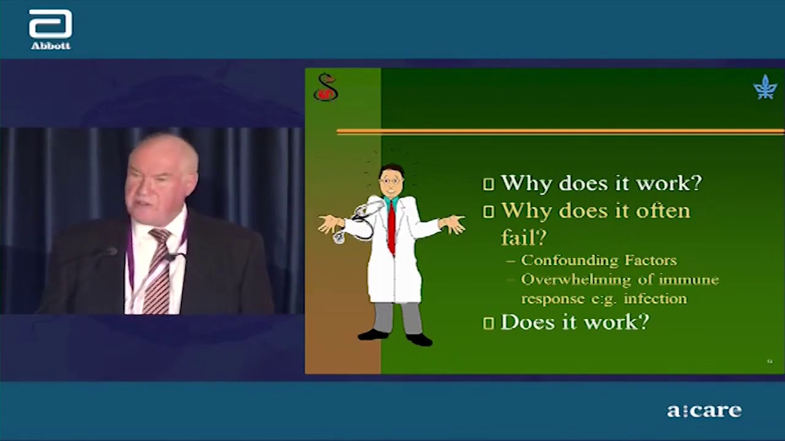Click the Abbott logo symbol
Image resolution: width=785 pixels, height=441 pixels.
click(50, 23)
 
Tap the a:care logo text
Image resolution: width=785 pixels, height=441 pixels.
click(705, 410)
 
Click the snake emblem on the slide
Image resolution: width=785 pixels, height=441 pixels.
click(326, 87)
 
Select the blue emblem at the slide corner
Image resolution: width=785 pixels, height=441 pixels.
click(765, 87)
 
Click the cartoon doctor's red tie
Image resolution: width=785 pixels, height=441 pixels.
click(391, 227)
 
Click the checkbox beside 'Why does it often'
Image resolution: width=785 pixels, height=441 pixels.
click(489, 212)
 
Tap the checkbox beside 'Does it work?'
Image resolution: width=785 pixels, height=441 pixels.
click(489, 323)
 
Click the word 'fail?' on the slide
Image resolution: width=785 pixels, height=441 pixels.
click(524, 237)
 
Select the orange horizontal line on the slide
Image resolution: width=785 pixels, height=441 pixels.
click(560, 132)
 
